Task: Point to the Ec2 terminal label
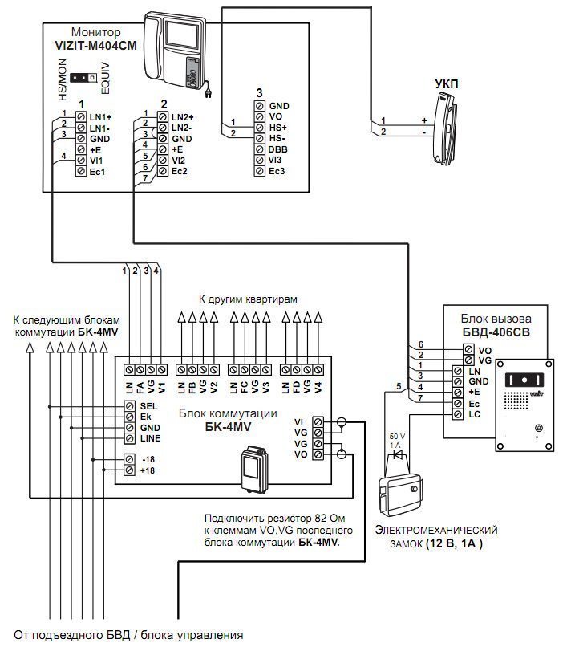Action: coord(180,171)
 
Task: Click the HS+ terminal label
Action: coord(278,128)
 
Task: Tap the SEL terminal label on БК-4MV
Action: coord(149,406)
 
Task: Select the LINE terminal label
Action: coord(151,438)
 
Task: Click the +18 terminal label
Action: coord(148,470)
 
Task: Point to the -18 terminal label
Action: coord(148,459)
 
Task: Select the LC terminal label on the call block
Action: coord(474,414)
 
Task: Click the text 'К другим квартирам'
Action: coord(249,299)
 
